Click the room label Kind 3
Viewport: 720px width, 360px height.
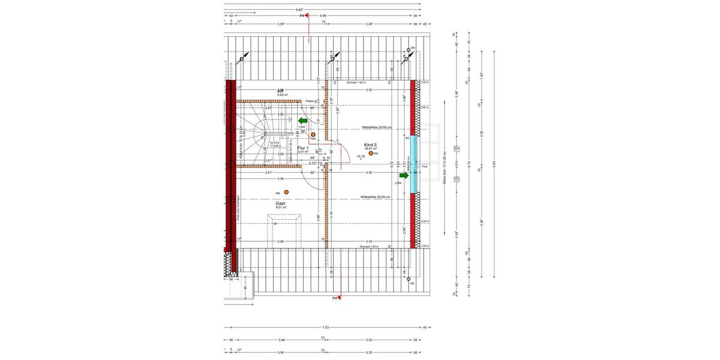point(370,145)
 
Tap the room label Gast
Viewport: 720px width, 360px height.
point(280,203)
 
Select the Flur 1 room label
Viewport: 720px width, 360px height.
point(303,148)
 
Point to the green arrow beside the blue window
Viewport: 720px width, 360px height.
point(404,175)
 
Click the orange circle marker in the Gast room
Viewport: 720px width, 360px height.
point(287,192)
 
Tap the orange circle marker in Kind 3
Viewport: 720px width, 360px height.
point(371,154)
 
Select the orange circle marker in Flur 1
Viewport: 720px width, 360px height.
point(313,135)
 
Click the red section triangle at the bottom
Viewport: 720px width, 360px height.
point(339,296)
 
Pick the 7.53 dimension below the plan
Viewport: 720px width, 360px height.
point(326,328)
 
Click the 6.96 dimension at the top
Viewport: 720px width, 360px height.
point(323,16)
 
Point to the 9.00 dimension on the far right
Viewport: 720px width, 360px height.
point(494,163)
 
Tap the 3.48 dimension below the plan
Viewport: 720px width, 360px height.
point(281,340)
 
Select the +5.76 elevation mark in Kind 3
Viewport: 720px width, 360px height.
point(361,157)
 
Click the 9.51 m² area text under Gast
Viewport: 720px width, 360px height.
point(281,208)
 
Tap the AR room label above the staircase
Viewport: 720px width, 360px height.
point(280,91)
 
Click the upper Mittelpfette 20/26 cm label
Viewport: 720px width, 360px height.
point(376,128)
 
